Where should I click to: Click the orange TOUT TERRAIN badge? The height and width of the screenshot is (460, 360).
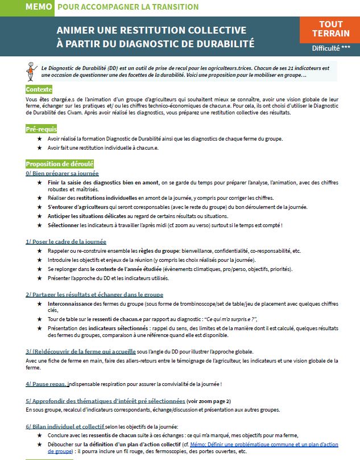331,30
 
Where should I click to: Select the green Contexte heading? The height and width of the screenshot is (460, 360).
39,89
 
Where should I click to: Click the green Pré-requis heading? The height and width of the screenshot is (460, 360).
42,129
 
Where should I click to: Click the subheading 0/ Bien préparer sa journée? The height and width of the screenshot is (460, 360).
62,173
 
